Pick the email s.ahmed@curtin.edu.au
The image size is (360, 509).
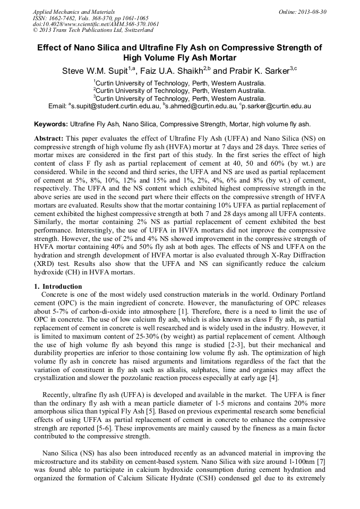200,106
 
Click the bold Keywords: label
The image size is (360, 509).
51,124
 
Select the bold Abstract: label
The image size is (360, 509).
49,138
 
